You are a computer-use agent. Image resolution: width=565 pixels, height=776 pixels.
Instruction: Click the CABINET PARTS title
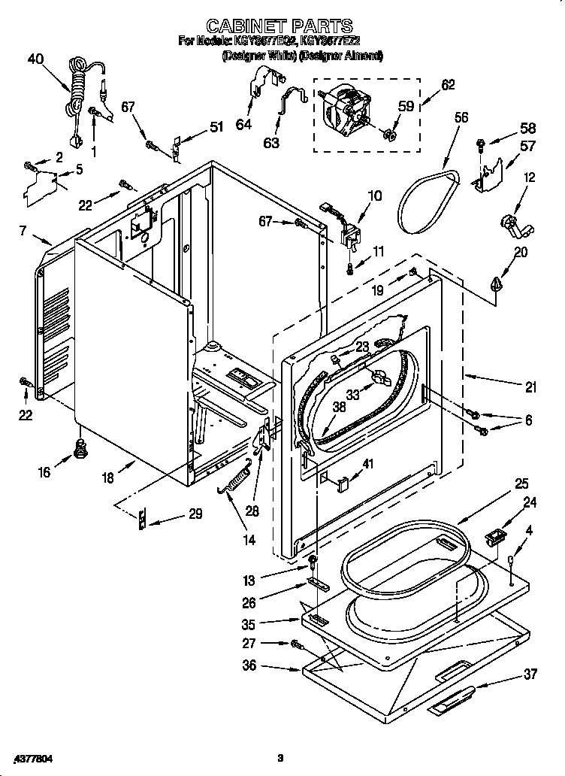coord(279,28)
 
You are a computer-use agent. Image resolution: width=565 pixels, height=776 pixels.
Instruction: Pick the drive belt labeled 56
coord(428,199)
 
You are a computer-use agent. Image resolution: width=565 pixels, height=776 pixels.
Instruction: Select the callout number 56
coord(461,117)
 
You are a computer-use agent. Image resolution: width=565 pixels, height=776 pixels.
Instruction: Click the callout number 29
coord(195,514)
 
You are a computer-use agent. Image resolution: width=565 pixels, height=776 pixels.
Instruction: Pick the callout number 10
coord(374,196)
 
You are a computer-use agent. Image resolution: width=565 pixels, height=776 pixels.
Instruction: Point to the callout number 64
coord(243,125)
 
